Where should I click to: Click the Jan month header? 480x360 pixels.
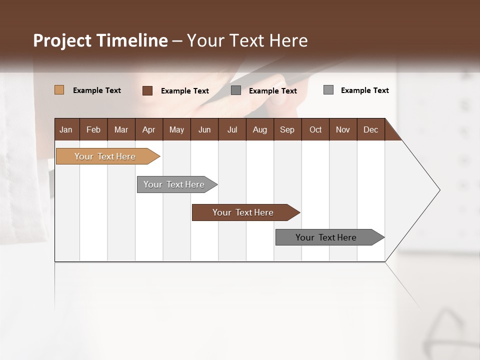tap(66, 129)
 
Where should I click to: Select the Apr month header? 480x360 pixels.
tap(148, 129)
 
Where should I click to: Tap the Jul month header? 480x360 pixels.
tap(232, 129)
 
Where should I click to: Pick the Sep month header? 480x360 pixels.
tap(287, 129)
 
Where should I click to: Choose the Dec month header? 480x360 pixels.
tap(370, 129)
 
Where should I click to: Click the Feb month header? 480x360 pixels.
tap(93, 129)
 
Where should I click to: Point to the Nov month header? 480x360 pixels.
tap(342, 129)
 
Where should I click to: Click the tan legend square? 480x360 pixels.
tap(59, 90)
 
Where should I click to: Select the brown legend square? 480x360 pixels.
tap(147, 90)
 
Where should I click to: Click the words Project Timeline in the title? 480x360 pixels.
tap(100, 40)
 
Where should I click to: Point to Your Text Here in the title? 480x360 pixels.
tap(247, 40)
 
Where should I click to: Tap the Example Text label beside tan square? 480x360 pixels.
tap(97, 90)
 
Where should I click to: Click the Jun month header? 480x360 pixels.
tap(204, 129)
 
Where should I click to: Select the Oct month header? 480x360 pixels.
tap(315, 129)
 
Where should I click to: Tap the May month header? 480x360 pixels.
tap(176, 129)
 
